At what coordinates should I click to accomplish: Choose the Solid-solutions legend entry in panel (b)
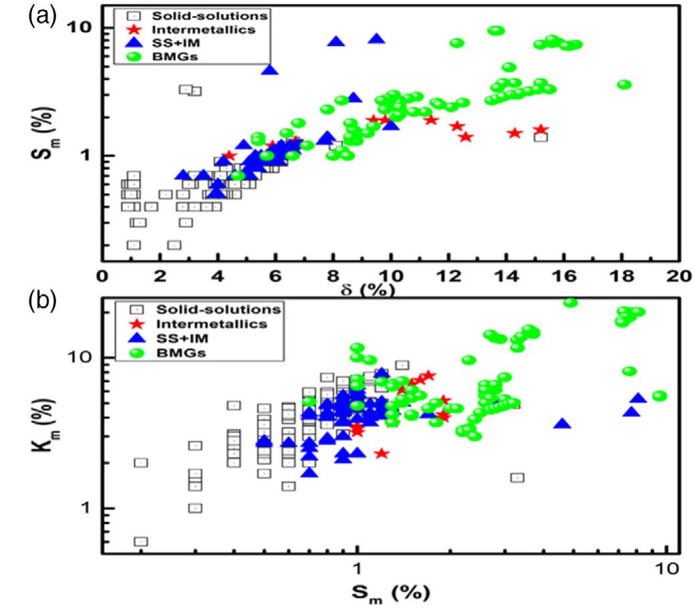[x=206, y=309]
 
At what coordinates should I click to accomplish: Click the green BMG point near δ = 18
[x=624, y=84]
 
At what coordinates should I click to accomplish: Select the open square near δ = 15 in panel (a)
[x=541, y=137]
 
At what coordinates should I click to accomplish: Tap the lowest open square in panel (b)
[x=141, y=541]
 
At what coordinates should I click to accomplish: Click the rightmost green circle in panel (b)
[x=659, y=396]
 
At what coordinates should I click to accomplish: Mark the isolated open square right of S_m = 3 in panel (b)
[x=517, y=477]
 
